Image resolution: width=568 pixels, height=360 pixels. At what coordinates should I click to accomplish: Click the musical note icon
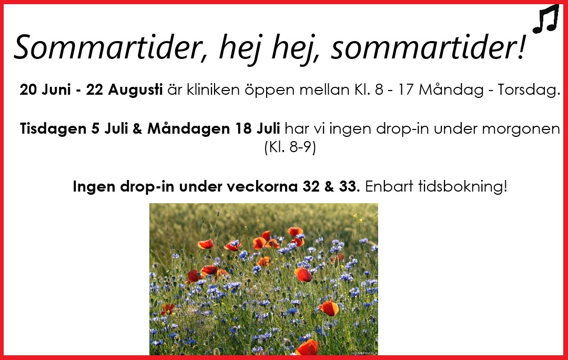[x=546, y=19]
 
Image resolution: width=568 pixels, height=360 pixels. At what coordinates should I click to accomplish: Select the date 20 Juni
[x=45, y=89]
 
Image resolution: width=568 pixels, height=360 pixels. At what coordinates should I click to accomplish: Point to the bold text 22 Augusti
[x=124, y=89]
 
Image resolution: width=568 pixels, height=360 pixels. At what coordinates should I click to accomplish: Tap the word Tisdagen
[x=53, y=129]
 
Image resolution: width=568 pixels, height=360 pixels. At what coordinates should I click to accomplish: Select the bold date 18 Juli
[x=257, y=128]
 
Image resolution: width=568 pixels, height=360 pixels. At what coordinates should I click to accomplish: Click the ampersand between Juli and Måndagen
[x=137, y=129]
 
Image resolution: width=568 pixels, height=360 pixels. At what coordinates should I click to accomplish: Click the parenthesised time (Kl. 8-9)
[x=290, y=147]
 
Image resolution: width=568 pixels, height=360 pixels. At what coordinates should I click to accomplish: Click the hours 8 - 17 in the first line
[x=394, y=89]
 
